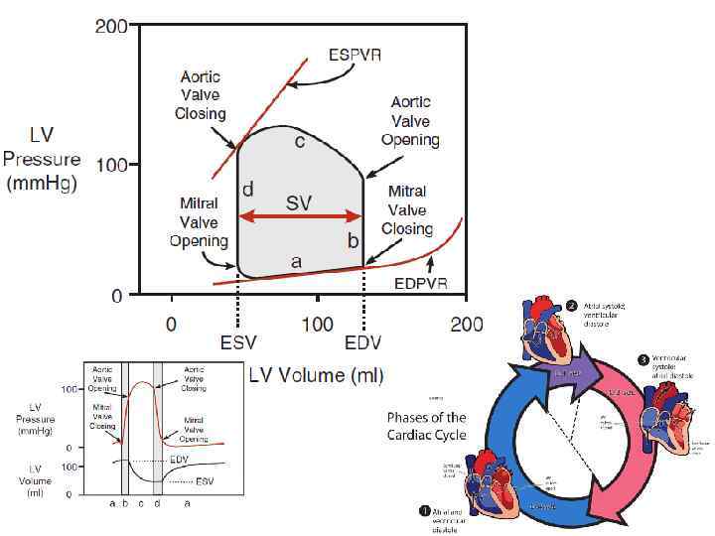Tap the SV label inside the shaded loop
299,202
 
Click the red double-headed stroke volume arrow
300,216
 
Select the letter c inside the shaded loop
299,142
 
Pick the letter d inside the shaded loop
248,189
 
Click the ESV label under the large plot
238,344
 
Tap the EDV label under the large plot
364,344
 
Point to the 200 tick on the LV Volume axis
466,324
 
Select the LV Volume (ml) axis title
316,374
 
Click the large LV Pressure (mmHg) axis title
41,159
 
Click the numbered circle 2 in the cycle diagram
571,305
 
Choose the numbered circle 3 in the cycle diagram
643,359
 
